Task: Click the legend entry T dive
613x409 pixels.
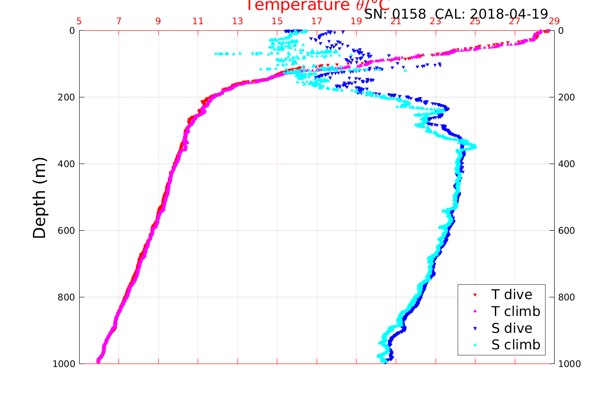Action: pyautogui.click(x=511, y=295)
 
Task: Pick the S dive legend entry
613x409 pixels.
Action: pyautogui.click(x=512, y=328)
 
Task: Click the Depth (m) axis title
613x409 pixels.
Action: pyautogui.click(x=39, y=198)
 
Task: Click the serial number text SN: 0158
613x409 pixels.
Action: pyautogui.click(x=395, y=14)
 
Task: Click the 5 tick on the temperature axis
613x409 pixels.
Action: pyautogui.click(x=79, y=21)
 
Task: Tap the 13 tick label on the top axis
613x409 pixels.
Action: pyautogui.click(x=237, y=21)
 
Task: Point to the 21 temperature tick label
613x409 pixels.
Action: pyautogui.click(x=396, y=21)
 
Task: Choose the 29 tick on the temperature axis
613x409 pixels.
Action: pyautogui.click(x=554, y=21)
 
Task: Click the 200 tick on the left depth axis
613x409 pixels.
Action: pyautogui.click(x=66, y=97)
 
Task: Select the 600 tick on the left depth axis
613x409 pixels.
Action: pyautogui.click(x=66, y=231)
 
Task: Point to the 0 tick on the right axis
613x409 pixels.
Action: pyautogui.click(x=561, y=31)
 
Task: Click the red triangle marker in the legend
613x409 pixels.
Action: pyautogui.click(x=475, y=295)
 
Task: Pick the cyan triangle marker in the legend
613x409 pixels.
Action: pyautogui.click(x=475, y=345)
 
